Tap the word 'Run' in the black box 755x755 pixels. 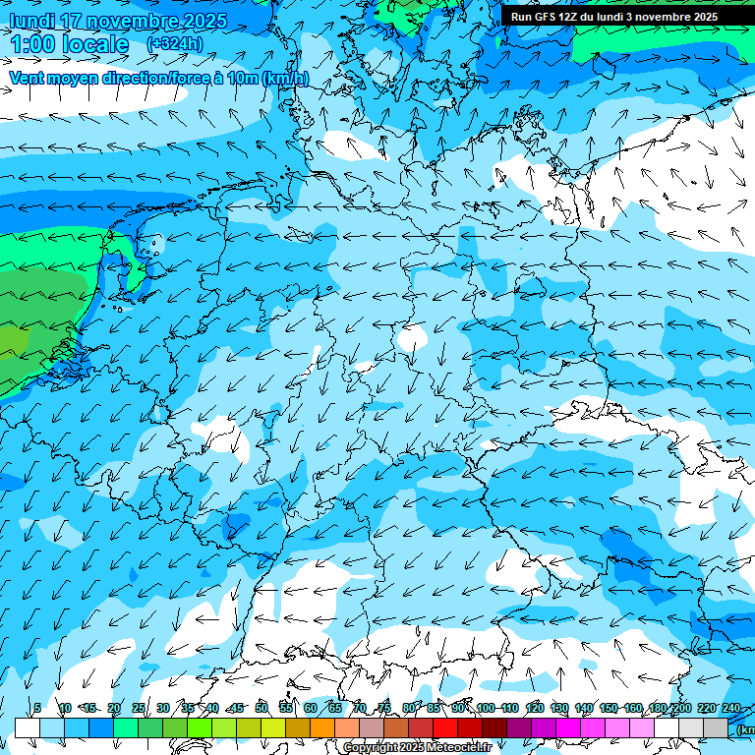[x=520, y=16]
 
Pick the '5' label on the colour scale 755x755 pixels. [x=37, y=709]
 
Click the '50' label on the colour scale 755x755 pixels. [x=261, y=709]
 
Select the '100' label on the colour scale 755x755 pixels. [x=486, y=709]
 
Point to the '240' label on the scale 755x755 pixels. [x=731, y=709]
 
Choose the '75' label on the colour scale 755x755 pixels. [x=384, y=709]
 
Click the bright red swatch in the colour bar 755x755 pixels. [x=445, y=727]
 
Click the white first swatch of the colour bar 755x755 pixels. [x=28, y=727]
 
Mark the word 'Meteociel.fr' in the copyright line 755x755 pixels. [x=458, y=748]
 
